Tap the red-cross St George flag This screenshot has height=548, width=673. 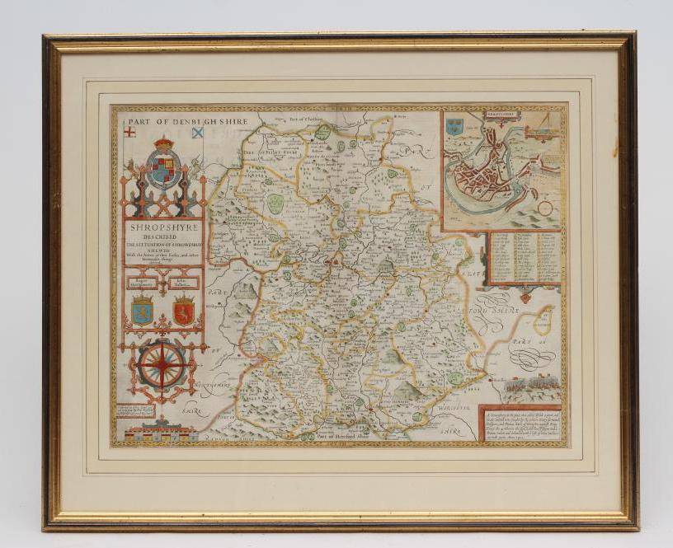tap(129, 132)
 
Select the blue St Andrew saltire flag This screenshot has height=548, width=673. tap(198, 132)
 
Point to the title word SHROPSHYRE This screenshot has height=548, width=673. tap(163, 231)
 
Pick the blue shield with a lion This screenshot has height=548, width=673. tap(142, 311)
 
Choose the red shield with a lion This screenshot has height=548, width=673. tap(184, 311)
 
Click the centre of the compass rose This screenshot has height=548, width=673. tap(162, 364)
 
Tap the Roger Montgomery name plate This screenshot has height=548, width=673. tap(142, 282)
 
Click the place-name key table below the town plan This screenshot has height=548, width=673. tap(525, 258)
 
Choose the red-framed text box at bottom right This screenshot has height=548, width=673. tap(520, 423)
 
